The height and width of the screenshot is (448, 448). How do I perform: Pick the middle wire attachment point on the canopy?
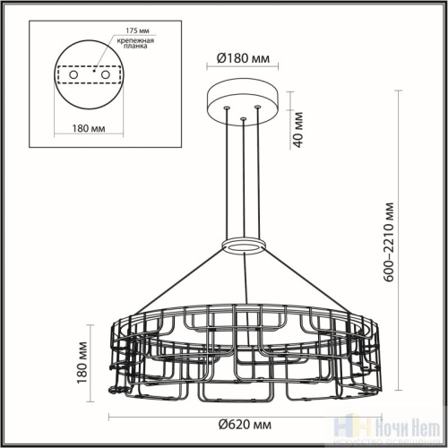tap(242, 117)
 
